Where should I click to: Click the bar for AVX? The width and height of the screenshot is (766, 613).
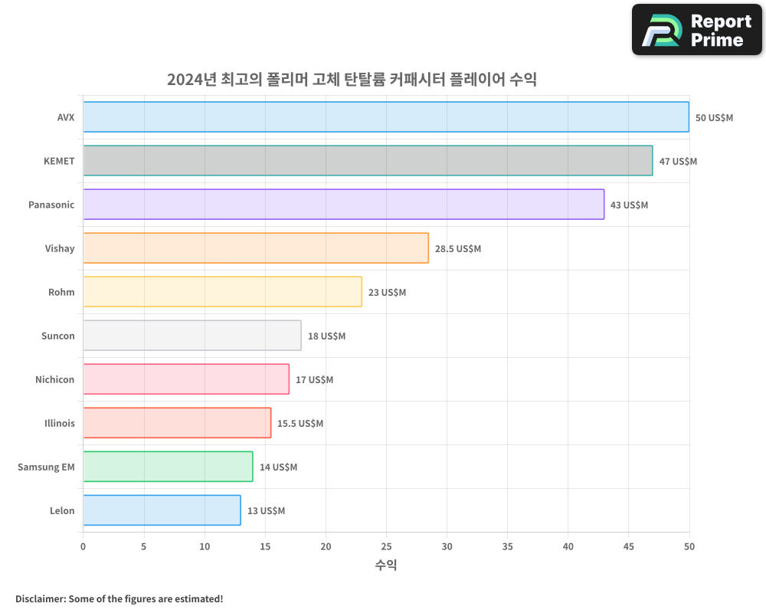click(386, 117)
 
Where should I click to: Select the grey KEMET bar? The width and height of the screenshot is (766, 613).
click(368, 161)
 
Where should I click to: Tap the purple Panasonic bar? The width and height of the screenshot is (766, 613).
click(343, 205)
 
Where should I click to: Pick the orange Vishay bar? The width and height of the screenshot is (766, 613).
click(256, 248)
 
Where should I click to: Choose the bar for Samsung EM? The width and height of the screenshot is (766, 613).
click(168, 467)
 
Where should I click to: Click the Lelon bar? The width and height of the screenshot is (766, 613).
click(162, 510)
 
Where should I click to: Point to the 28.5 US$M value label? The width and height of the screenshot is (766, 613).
click(458, 249)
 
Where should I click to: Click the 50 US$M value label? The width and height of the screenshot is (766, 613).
click(714, 118)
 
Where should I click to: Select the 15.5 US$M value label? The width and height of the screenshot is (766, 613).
click(300, 424)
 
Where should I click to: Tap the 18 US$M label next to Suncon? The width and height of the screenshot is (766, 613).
click(326, 336)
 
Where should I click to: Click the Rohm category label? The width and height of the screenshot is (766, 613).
click(61, 292)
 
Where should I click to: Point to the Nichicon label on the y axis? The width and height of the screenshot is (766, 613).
click(55, 379)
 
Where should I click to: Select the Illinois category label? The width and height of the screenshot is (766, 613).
click(60, 423)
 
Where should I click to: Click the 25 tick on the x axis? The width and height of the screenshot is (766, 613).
click(386, 546)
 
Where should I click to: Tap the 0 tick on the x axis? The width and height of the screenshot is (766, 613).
click(83, 546)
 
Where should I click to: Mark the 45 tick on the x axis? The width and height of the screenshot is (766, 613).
click(628, 546)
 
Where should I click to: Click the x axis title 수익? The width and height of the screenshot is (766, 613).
click(386, 565)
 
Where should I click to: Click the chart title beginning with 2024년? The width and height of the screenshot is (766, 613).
click(352, 79)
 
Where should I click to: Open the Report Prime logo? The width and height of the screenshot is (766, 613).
click(696, 30)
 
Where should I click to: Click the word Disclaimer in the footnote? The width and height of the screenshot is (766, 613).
click(40, 598)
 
